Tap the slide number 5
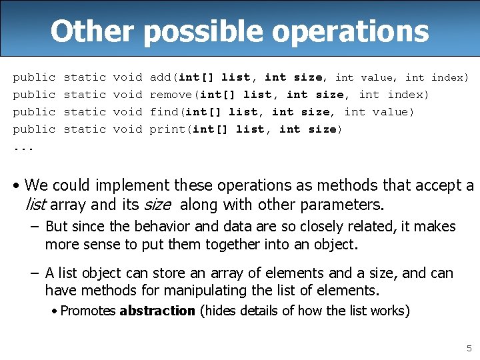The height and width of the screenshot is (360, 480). click(x=469, y=348)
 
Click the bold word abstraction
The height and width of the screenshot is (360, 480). click(x=157, y=311)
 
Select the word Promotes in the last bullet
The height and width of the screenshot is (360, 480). click(x=88, y=311)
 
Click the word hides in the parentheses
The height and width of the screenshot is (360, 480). click(x=222, y=311)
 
